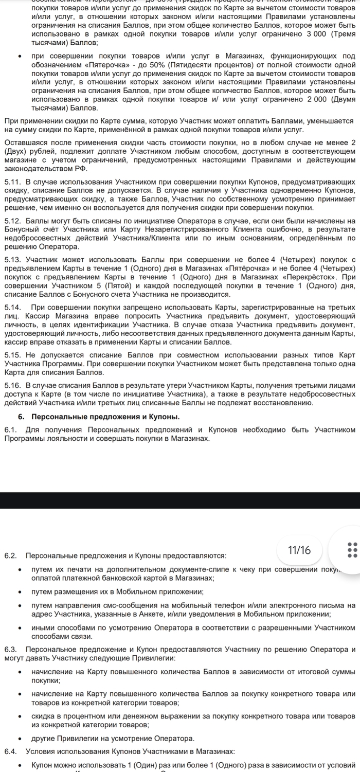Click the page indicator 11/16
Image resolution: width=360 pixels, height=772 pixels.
(299, 550)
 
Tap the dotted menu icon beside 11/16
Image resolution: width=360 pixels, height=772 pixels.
(352, 549)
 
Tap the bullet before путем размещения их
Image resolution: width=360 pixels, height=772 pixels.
(20, 592)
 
